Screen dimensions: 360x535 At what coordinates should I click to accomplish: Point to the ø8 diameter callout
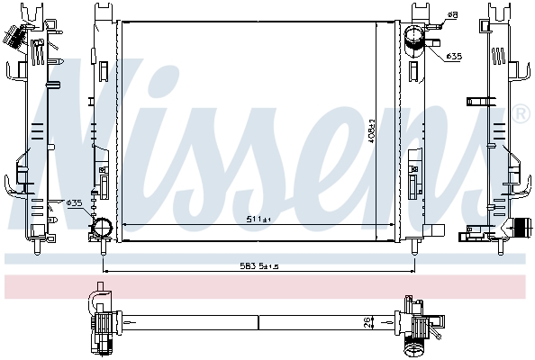point(452,15)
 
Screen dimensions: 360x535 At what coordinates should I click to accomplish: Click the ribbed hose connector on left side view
point(14,38)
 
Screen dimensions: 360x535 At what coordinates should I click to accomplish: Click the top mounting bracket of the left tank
point(101,11)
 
